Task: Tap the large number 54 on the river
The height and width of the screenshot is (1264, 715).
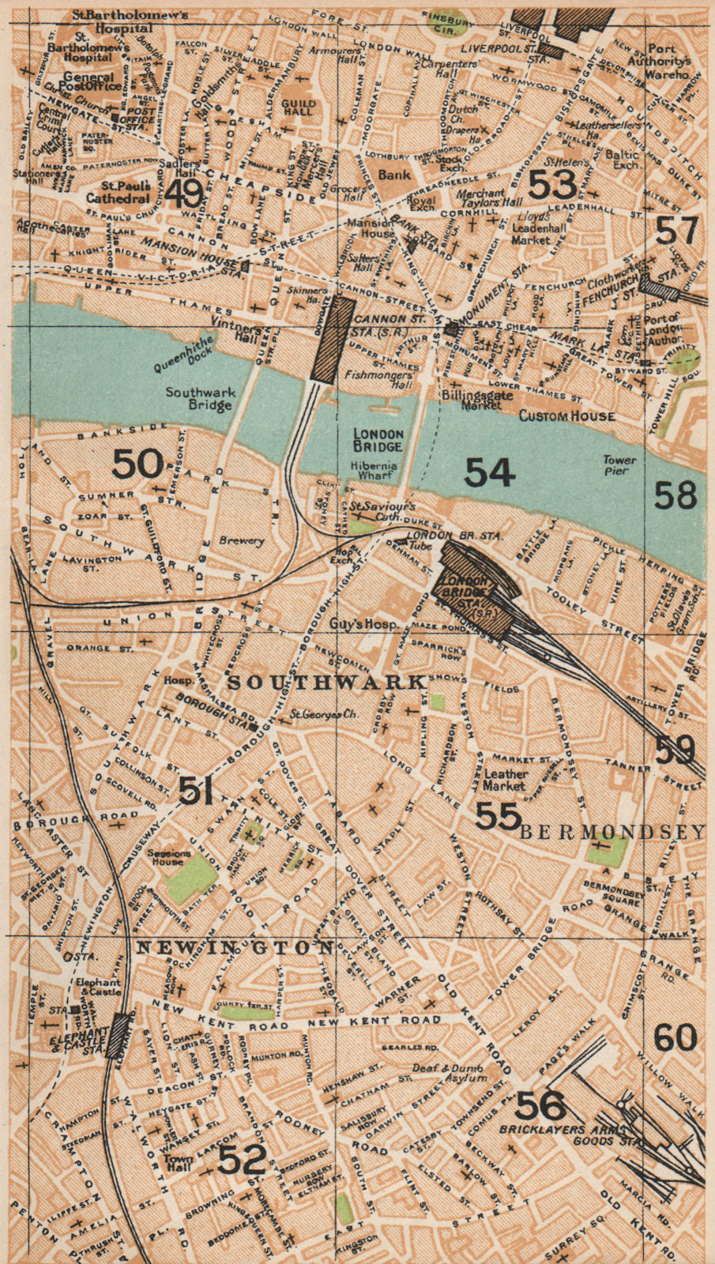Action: [x=490, y=472]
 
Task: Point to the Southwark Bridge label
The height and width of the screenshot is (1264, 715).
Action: [x=199, y=398]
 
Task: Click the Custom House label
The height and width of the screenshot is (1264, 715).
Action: [x=566, y=416]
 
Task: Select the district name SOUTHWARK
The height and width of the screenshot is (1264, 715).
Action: [x=327, y=681]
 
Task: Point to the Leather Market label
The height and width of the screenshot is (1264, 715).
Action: [x=505, y=781]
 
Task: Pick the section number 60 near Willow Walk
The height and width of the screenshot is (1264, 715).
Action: [x=675, y=1037]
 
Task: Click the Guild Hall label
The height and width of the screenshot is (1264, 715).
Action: [x=299, y=107]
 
